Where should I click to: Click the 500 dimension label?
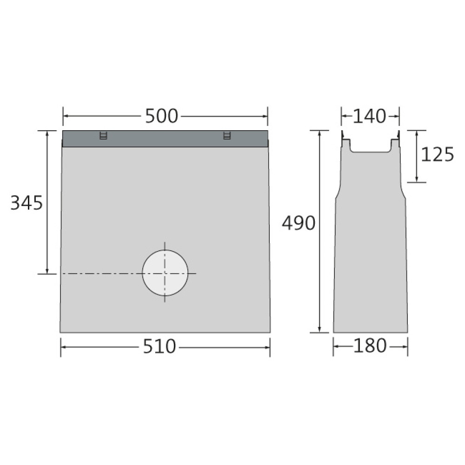161,116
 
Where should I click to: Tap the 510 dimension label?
160,346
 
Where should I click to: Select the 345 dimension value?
27,203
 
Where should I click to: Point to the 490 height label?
299,224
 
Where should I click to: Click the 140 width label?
370,116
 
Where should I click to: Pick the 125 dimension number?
437,154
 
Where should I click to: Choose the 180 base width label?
370,346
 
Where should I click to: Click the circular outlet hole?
165,273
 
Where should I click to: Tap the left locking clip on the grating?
103,136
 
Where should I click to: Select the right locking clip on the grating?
226,136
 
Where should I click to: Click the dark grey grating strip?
165,139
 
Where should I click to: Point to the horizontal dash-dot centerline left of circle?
102,273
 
